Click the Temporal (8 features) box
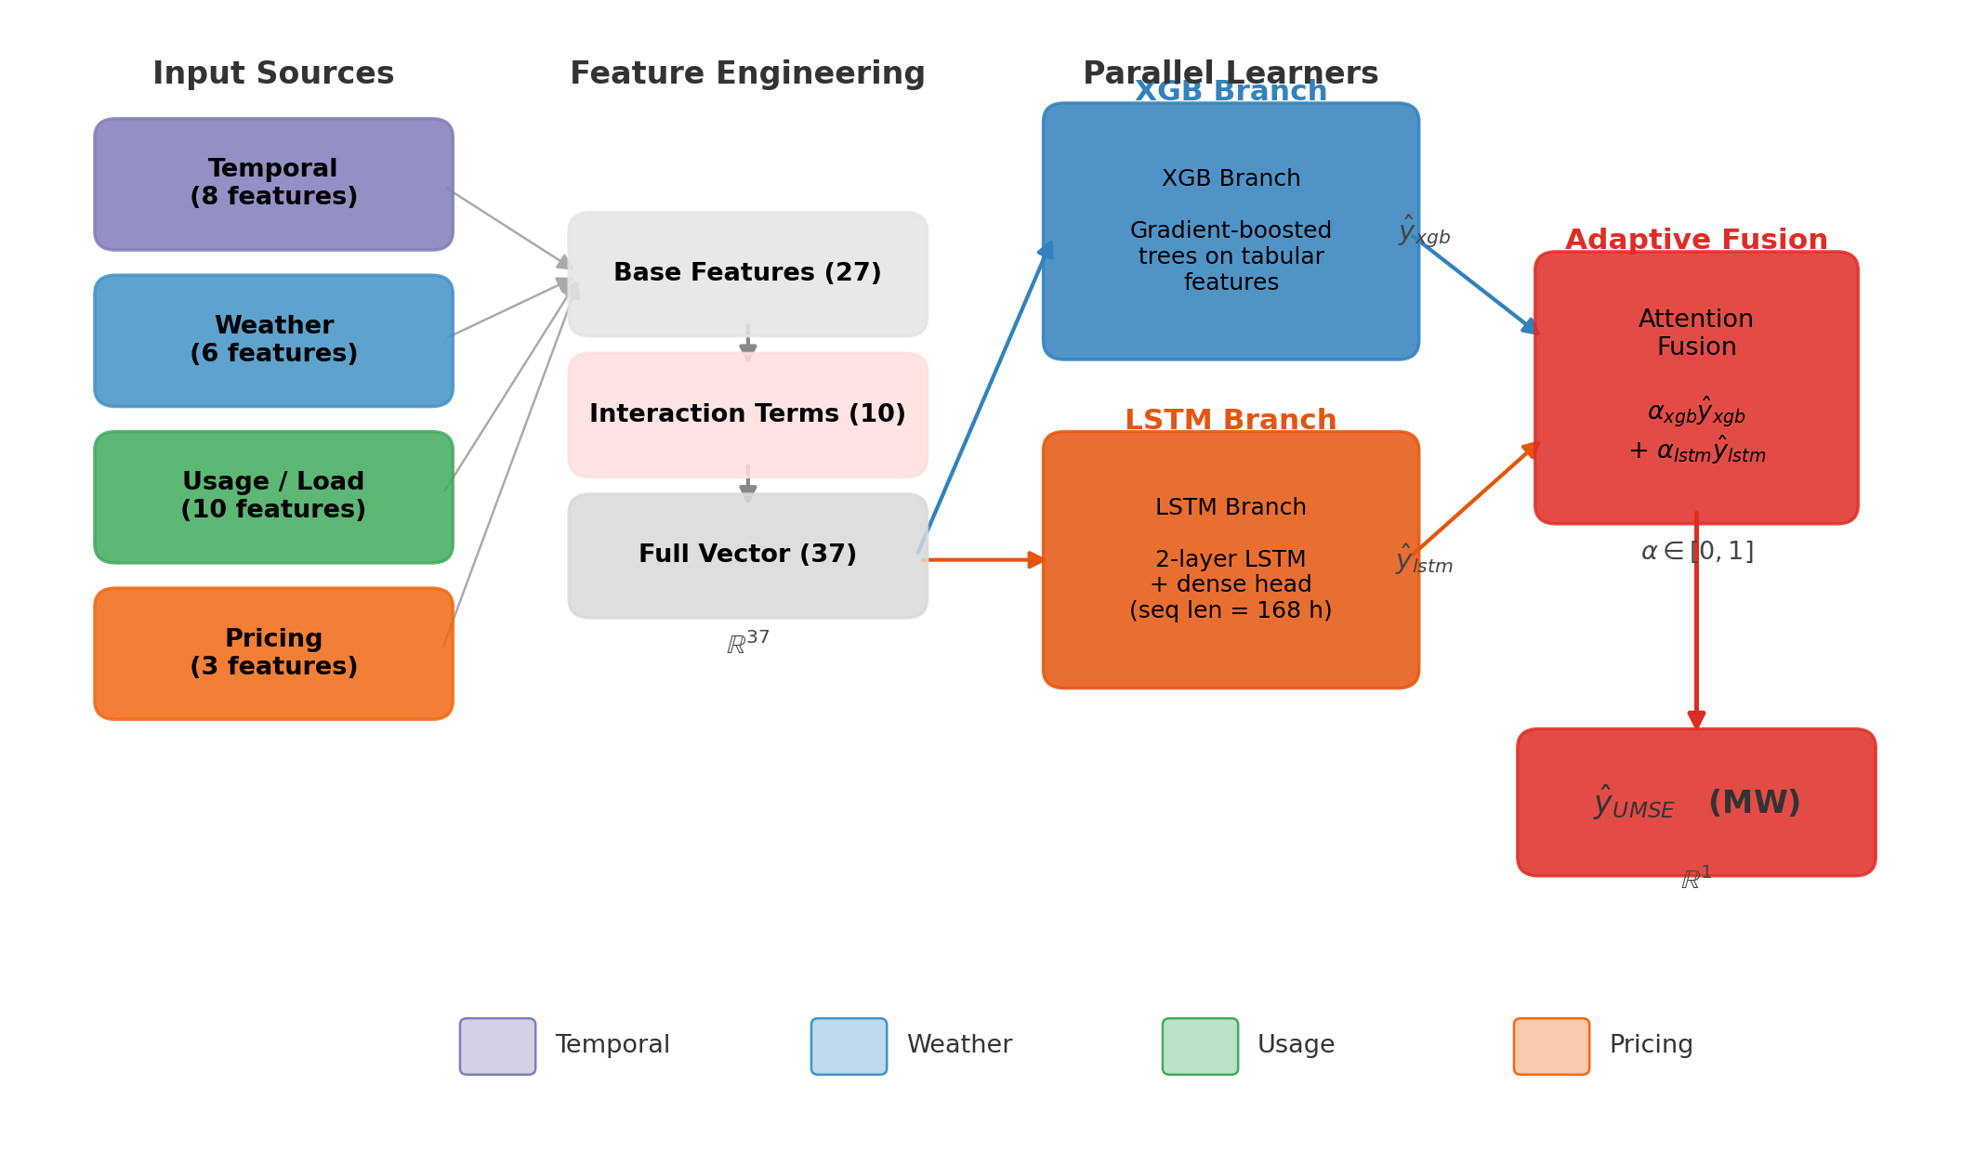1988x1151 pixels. (273, 184)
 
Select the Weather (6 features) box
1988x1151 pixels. (273, 340)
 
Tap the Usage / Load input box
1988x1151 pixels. (273, 496)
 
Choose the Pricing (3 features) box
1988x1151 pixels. (273, 653)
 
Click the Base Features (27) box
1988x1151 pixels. (747, 273)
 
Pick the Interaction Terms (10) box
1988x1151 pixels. (747, 414)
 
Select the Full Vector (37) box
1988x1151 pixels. (747, 555)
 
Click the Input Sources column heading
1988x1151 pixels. (273, 74)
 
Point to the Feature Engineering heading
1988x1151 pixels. (747, 74)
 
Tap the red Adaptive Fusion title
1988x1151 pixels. (1696, 240)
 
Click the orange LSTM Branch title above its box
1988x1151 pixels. (1231, 420)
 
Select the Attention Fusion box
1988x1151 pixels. (1696, 386)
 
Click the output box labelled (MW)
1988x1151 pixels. (1696, 803)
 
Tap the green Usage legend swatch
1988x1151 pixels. (1200, 1046)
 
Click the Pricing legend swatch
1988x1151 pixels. (1551, 1046)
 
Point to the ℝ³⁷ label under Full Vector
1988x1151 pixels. (747, 643)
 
